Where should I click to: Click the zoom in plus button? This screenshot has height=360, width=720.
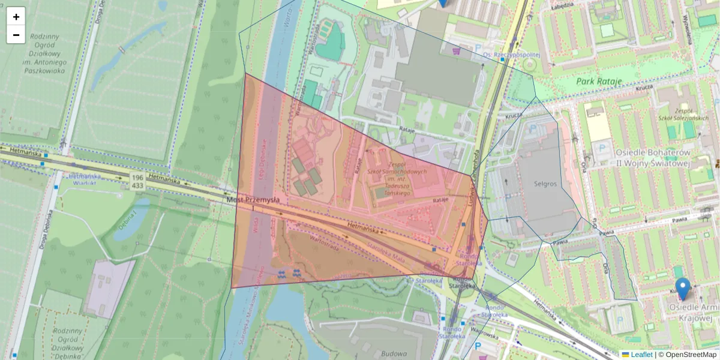pos(16,17)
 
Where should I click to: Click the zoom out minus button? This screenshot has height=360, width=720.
pos(16,35)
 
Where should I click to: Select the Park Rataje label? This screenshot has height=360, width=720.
pos(598,81)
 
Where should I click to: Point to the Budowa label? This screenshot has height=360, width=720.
pos(393,353)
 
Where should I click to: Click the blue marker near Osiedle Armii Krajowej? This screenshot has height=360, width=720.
pos(682,288)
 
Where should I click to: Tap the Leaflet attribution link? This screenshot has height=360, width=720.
pos(641,355)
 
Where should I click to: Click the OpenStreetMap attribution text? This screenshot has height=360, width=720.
pos(687,355)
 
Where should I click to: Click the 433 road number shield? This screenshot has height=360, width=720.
pos(137,186)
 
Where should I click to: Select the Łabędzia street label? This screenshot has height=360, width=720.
pos(562,5)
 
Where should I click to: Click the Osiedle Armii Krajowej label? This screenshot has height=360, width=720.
pos(690,312)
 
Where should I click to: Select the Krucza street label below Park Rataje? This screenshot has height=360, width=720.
pos(644,87)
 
